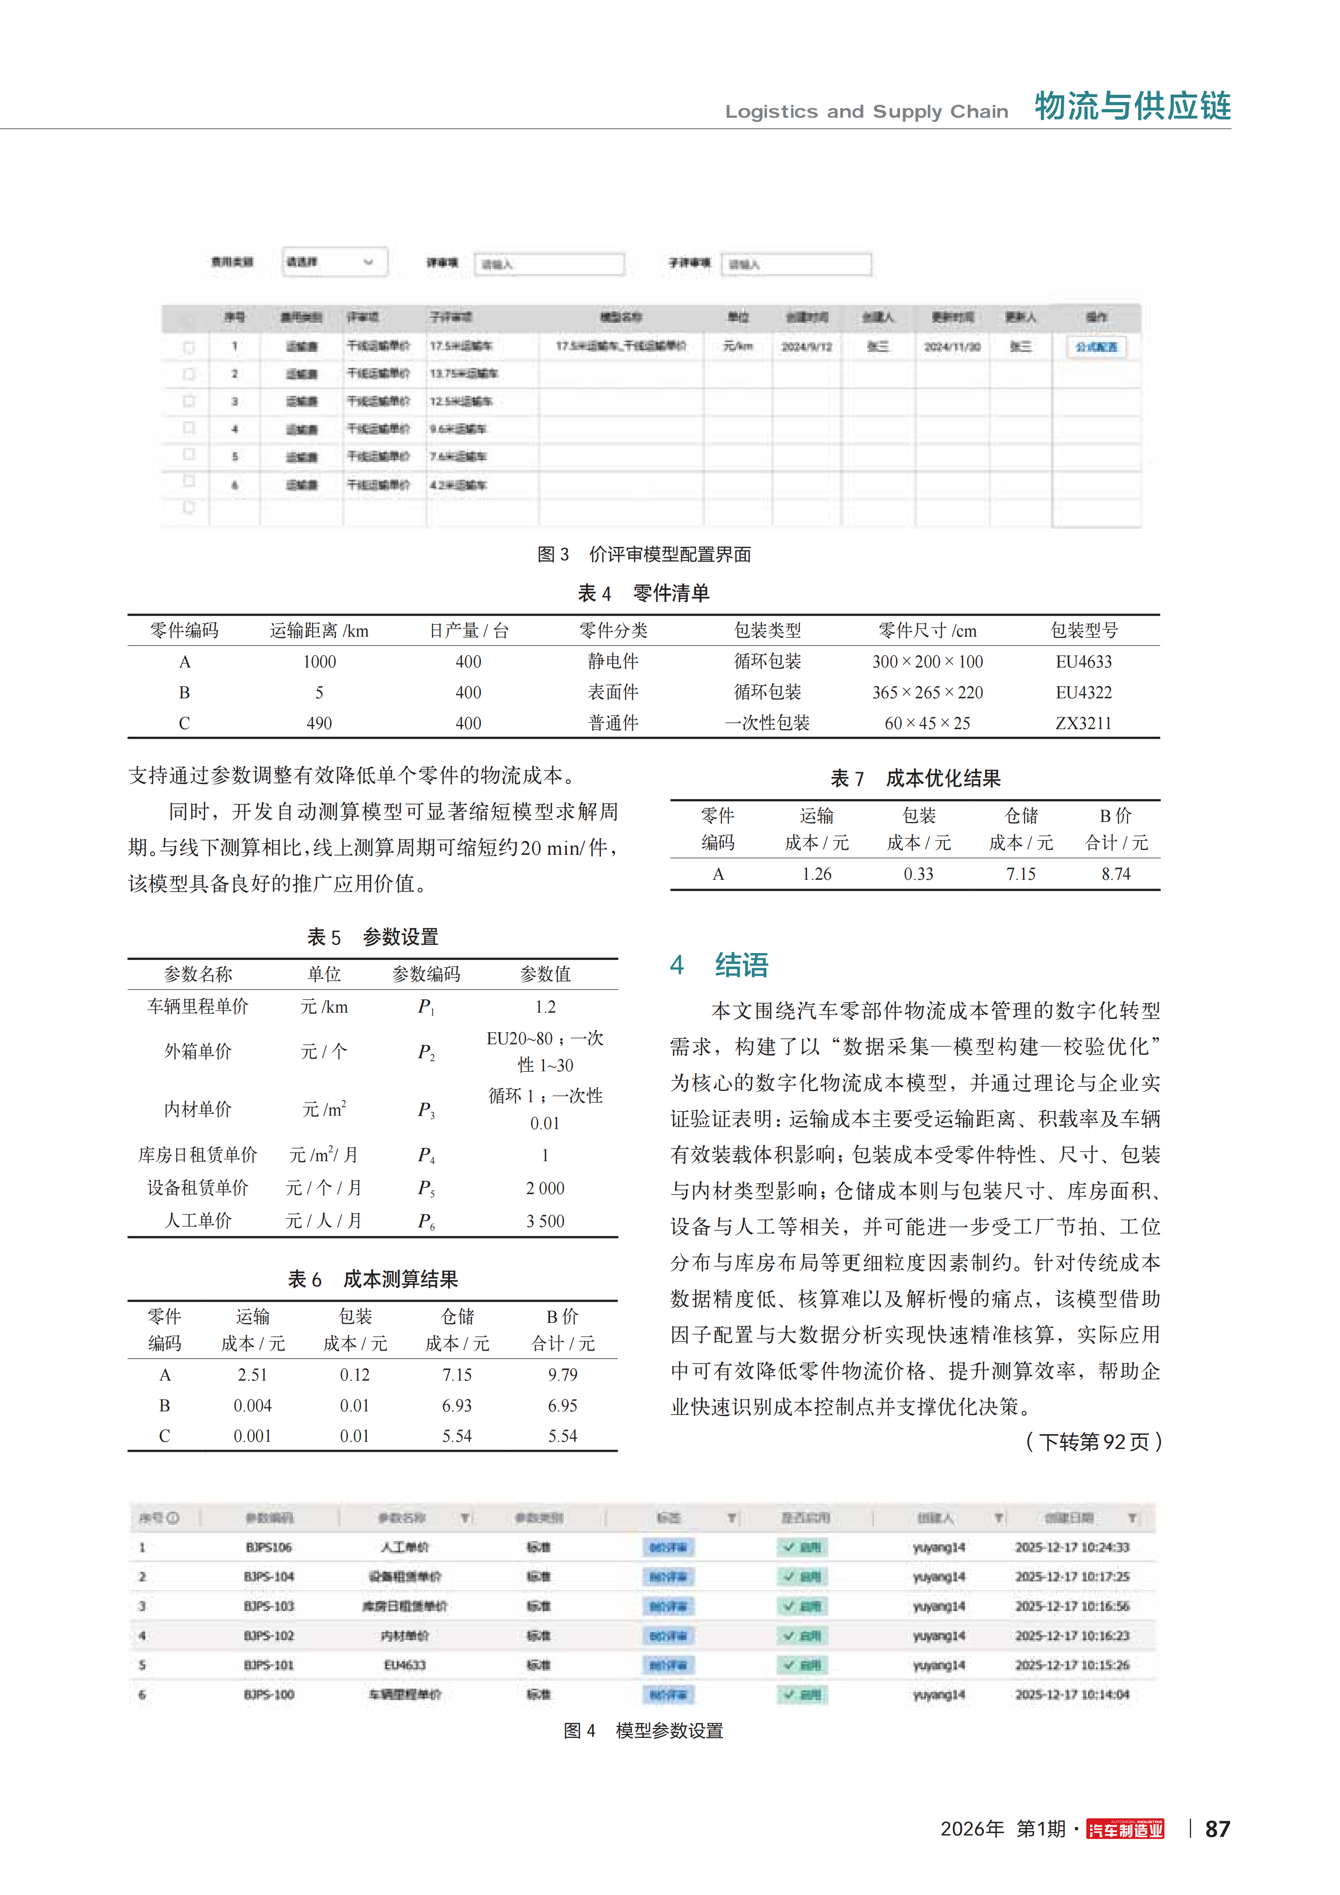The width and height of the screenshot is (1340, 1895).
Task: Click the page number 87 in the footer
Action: tap(1217, 1829)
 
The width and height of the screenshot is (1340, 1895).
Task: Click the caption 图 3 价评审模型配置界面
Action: tap(644, 554)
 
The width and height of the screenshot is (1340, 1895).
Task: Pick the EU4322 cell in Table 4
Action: tap(1083, 692)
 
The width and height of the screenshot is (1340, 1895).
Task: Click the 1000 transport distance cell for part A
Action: tap(319, 662)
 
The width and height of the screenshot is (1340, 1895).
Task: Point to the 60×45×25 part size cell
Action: tap(927, 723)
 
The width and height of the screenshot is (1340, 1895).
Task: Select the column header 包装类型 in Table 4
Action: tap(767, 630)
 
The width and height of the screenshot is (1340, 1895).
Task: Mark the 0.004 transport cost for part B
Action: tap(253, 1406)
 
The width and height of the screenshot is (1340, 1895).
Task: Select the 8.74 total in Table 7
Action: tap(1115, 874)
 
